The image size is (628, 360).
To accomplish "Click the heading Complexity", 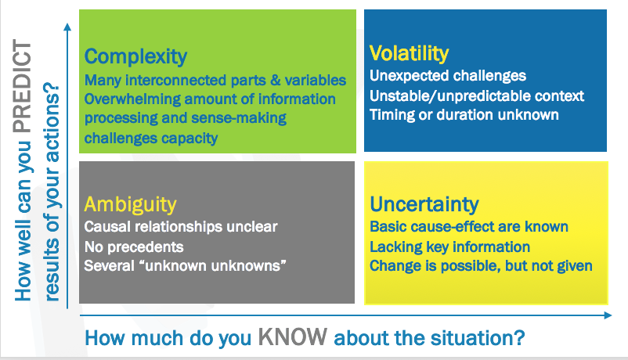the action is tap(135, 56).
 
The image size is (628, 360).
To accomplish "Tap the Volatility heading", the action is tap(409, 53).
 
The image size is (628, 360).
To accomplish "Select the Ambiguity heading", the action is tap(130, 204).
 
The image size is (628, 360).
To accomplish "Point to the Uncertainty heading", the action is tap(424, 204).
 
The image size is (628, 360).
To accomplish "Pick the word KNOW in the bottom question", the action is tap(292, 337).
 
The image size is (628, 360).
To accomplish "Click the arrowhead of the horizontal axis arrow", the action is tap(608, 315).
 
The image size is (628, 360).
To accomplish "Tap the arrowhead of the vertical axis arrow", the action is tap(67, 27).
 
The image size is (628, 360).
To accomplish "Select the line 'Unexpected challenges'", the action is tap(448, 76).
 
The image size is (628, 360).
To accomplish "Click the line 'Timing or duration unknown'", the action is tap(464, 115).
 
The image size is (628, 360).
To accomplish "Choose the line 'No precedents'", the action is tap(134, 247).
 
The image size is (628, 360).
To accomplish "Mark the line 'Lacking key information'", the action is tap(449, 247).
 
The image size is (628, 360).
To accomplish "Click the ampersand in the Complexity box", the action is tap(276, 80).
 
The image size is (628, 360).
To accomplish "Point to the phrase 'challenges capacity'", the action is tap(151, 139).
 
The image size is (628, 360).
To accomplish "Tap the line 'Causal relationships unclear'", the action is tap(181, 227).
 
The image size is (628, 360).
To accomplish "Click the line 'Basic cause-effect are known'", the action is tap(469, 227).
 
